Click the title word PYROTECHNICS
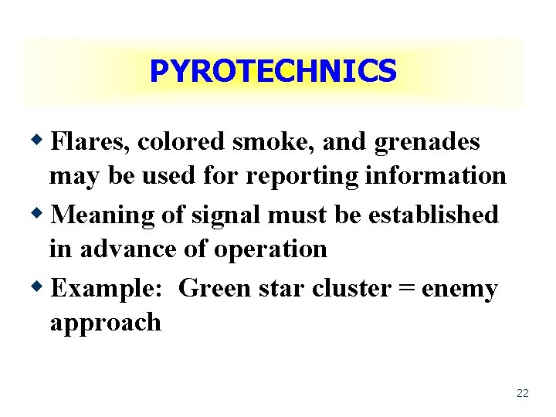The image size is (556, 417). point(273,72)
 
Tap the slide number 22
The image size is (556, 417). point(523,393)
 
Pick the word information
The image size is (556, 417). point(436,176)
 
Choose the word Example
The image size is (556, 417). point(106,290)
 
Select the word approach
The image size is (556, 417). point(105,323)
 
